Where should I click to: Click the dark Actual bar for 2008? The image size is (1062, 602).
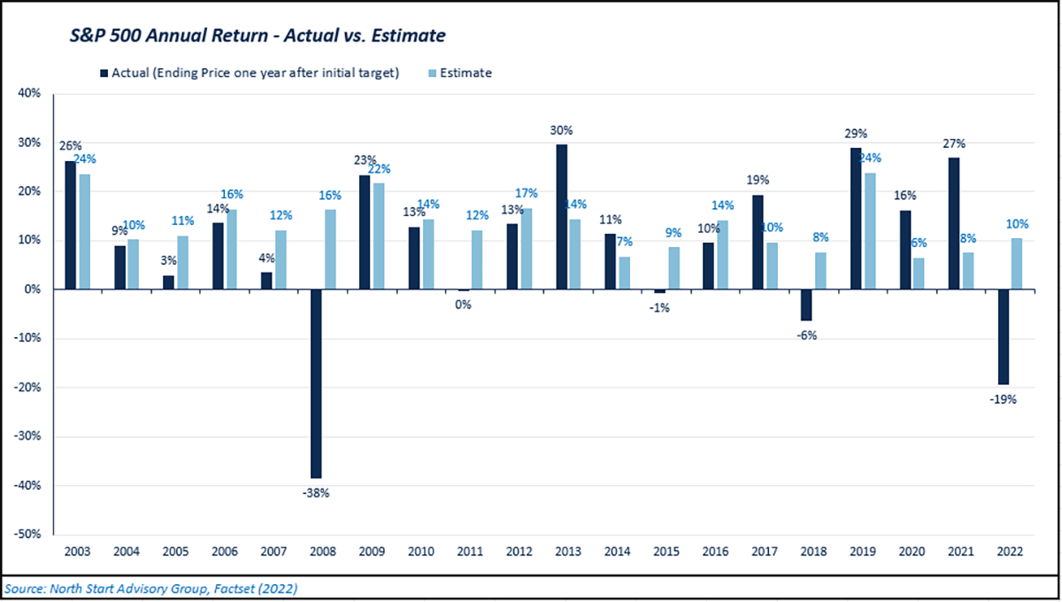tap(315, 383)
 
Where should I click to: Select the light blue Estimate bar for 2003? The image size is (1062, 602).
tap(85, 232)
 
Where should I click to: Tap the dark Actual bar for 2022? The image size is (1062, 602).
tap(1003, 336)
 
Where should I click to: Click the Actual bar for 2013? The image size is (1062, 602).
tap(561, 217)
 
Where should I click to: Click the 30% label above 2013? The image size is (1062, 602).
tap(562, 130)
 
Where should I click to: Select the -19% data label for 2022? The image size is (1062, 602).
tap(1003, 398)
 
